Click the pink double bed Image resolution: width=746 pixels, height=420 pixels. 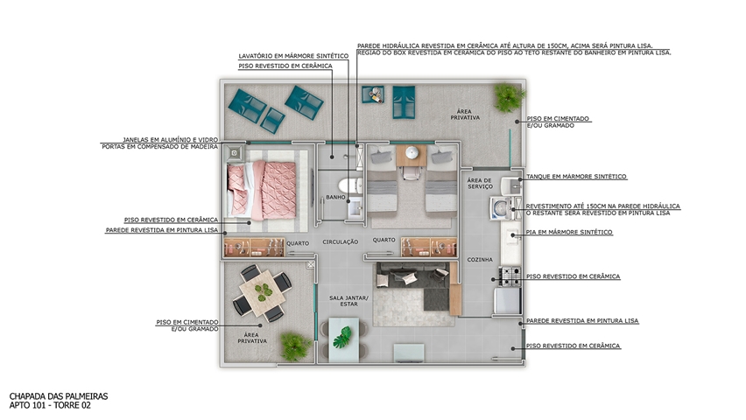(x=262, y=190)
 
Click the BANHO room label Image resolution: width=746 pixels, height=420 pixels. (x=335, y=197)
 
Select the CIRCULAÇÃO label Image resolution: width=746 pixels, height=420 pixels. (x=341, y=242)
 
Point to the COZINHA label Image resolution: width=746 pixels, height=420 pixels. (x=480, y=260)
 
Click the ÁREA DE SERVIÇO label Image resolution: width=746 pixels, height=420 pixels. (x=480, y=184)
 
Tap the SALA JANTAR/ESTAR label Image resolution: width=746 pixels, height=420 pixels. (x=348, y=301)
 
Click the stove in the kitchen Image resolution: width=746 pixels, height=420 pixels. (x=510, y=276)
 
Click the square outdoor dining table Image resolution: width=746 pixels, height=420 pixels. (x=262, y=292)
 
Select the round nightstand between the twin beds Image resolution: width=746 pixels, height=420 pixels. (x=412, y=153)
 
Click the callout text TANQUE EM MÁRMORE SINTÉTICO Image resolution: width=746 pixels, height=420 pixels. (x=576, y=177)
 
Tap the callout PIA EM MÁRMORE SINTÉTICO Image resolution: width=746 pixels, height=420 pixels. (x=569, y=232)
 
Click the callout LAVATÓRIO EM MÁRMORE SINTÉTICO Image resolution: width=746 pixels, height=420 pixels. (x=293, y=56)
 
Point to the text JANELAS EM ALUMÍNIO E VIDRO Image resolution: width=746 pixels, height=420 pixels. (x=171, y=140)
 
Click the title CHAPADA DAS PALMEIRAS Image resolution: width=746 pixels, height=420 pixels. (x=59, y=396)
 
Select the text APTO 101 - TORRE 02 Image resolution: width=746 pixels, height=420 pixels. (x=50, y=405)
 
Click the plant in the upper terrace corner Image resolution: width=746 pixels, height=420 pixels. (x=509, y=97)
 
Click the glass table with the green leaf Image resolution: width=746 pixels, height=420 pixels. (x=344, y=339)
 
